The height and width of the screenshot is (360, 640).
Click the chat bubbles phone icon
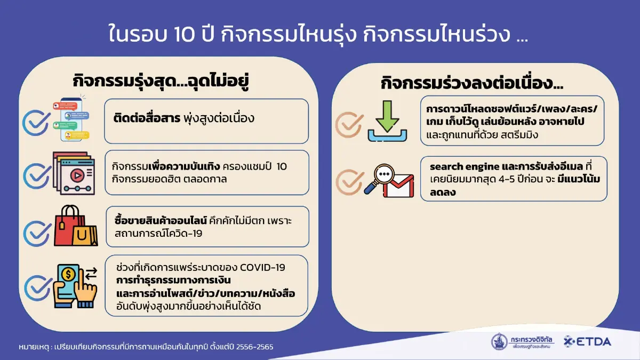[x=71, y=119]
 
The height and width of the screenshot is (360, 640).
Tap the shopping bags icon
[x=76, y=227]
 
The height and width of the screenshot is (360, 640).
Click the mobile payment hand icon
[x=75, y=286]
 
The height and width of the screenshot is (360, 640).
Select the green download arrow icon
[x=387, y=122]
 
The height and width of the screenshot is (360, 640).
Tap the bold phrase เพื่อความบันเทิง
[x=180, y=166]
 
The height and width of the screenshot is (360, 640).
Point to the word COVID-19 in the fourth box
[x=263, y=267]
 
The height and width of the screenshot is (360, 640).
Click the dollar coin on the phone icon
[x=68, y=275]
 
